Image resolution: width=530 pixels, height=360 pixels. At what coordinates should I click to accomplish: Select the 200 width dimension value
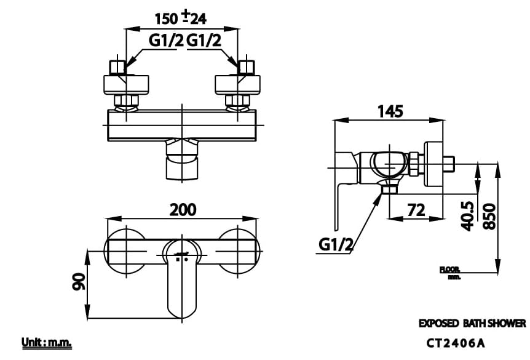pos(183,210)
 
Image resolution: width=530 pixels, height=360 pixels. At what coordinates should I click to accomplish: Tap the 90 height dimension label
pos(78,284)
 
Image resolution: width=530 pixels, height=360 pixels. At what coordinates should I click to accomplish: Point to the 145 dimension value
pos(390,111)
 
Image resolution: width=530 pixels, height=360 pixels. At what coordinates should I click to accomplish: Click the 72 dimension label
pos(416,210)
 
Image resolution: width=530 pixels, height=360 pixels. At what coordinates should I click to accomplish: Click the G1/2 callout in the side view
pos(336,245)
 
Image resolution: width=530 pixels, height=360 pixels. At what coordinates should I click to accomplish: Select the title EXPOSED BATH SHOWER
pos(472,323)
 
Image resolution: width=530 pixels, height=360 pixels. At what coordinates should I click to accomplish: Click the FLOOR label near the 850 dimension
pos(450,270)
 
